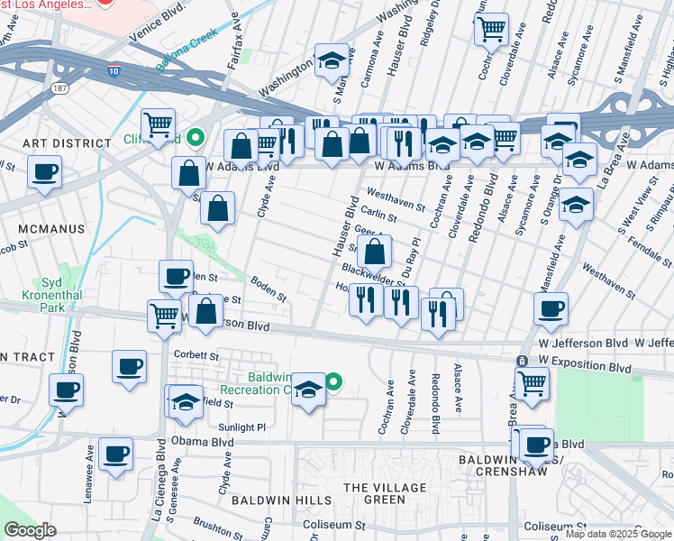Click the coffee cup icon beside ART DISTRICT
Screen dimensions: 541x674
pos(44,171)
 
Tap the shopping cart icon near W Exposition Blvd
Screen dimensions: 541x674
pos(532,384)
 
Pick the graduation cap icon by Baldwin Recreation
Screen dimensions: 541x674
pos(308,390)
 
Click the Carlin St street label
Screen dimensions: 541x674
pos(379,215)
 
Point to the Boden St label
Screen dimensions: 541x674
pos(269,289)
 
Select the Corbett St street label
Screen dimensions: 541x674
pos(197,355)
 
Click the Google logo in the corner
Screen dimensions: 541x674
pos(30,530)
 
